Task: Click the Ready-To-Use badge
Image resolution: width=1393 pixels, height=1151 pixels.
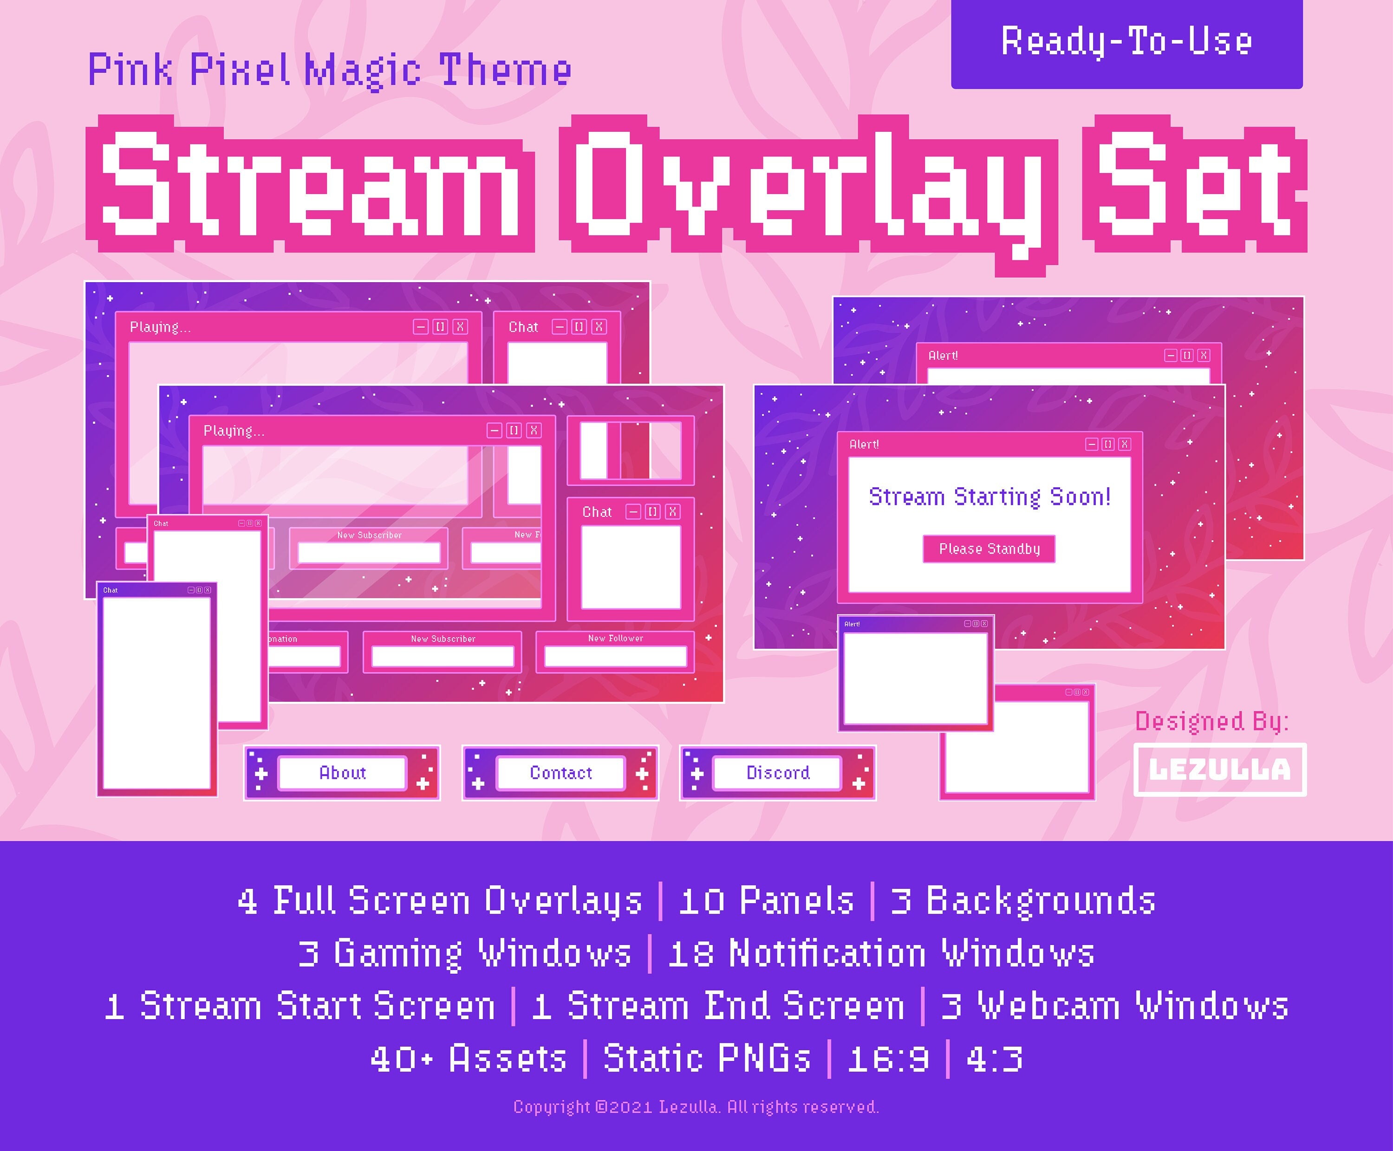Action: point(1126,42)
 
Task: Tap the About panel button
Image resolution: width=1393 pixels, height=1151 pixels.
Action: point(342,772)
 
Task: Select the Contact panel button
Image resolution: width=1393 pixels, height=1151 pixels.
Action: point(560,772)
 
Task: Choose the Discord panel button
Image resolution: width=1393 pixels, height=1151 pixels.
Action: point(777,772)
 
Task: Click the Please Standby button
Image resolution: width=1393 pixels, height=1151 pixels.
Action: point(989,549)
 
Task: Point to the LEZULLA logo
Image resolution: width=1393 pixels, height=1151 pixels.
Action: point(1220,769)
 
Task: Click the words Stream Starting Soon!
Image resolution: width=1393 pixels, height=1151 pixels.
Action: point(989,497)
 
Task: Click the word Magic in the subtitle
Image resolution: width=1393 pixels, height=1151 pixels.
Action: point(362,70)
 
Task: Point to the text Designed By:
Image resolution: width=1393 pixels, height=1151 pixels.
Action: point(1212,721)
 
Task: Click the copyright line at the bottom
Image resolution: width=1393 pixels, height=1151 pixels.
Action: point(696,1106)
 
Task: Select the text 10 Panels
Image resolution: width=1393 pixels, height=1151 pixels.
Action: point(766,901)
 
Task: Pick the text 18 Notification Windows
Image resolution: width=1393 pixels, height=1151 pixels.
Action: point(881,953)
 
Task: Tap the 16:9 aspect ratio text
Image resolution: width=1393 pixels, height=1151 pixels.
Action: point(888,1058)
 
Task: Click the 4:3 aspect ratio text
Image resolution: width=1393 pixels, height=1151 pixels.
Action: point(994,1058)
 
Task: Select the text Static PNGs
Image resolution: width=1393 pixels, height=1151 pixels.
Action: point(706,1058)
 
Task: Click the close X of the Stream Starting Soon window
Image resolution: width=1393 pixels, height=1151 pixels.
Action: point(1124,444)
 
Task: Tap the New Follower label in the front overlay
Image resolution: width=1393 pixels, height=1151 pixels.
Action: point(616,638)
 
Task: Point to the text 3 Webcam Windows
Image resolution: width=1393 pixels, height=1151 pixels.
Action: point(1114,1006)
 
